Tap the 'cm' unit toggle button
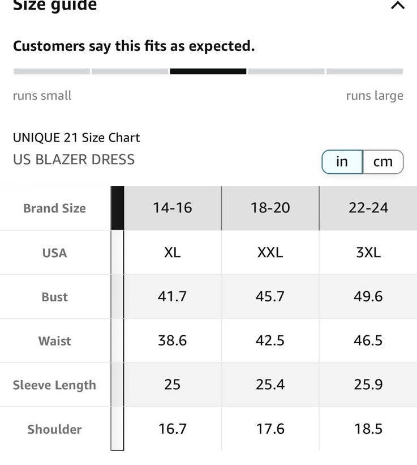point(383,162)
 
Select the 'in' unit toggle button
point(342,162)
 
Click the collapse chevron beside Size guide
point(398,6)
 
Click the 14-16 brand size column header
point(173,208)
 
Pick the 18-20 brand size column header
point(270,208)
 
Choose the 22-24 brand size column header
point(368,208)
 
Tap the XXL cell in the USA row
point(270,253)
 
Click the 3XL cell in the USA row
point(368,253)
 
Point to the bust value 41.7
point(173,296)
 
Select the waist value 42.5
point(270,340)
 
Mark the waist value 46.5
point(368,340)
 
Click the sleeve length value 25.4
point(270,385)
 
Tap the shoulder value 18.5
point(368,429)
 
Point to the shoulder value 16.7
point(173,429)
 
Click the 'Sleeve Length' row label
point(54,385)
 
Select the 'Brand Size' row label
point(54,208)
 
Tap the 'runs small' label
point(42,96)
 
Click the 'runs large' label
point(375,96)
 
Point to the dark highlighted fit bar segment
point(208,71)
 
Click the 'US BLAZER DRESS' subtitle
point(74,160)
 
